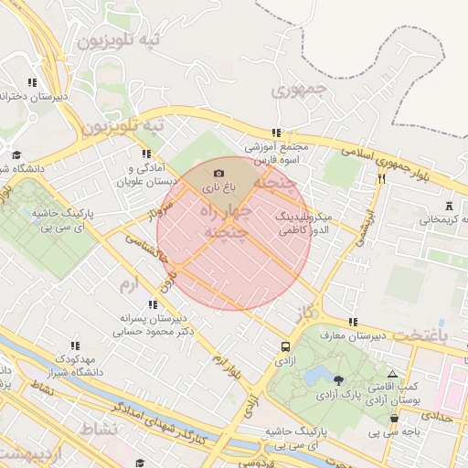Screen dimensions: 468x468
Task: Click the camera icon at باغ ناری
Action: pyautogui.click(x=218, y=173)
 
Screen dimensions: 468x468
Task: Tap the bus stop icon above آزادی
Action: pyautogui.click(x=286, y=347)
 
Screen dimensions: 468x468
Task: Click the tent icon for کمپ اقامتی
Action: pyautogui.click(x=393, y=375)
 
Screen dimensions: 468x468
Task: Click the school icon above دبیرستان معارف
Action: pyautogui.click(x=353, y=323)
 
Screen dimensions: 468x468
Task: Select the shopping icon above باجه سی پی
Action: pyautogui.click(x=394, y=419)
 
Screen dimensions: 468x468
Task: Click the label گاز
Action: pyautogui.click(x=305, y=314)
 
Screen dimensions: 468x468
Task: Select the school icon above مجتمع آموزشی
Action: pyautogui.click(x=277, y=132)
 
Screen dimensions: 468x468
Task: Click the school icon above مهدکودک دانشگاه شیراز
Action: pyautogui.click(x=75, y=346)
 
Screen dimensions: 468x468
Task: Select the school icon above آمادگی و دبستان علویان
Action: pyautogui.click(x=145, y=154)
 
